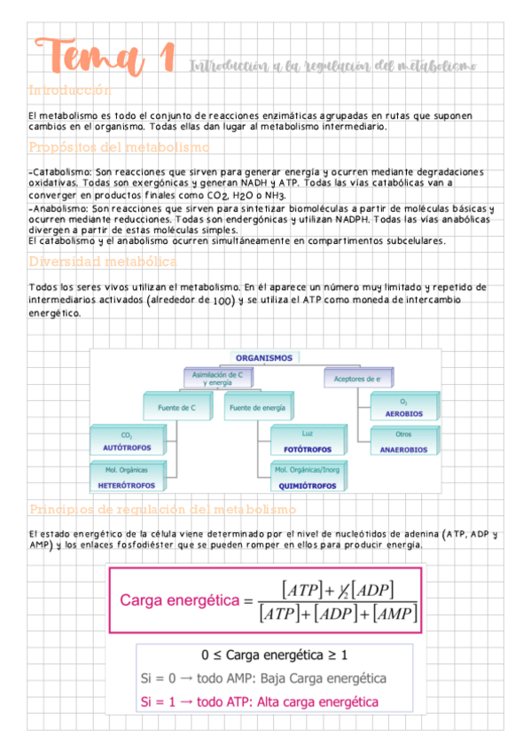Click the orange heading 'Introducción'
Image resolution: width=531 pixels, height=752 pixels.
70,90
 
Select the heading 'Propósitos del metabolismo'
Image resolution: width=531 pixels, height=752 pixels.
118,147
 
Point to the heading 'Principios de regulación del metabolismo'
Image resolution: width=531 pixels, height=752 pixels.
162,510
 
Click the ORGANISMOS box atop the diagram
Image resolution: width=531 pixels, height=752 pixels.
263,357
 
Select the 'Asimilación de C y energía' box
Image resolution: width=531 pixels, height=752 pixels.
218,379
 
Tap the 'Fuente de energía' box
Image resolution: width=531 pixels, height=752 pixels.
257,408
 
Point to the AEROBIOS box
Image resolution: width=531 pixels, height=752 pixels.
403,409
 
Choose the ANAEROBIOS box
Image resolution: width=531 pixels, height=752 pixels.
403,442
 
